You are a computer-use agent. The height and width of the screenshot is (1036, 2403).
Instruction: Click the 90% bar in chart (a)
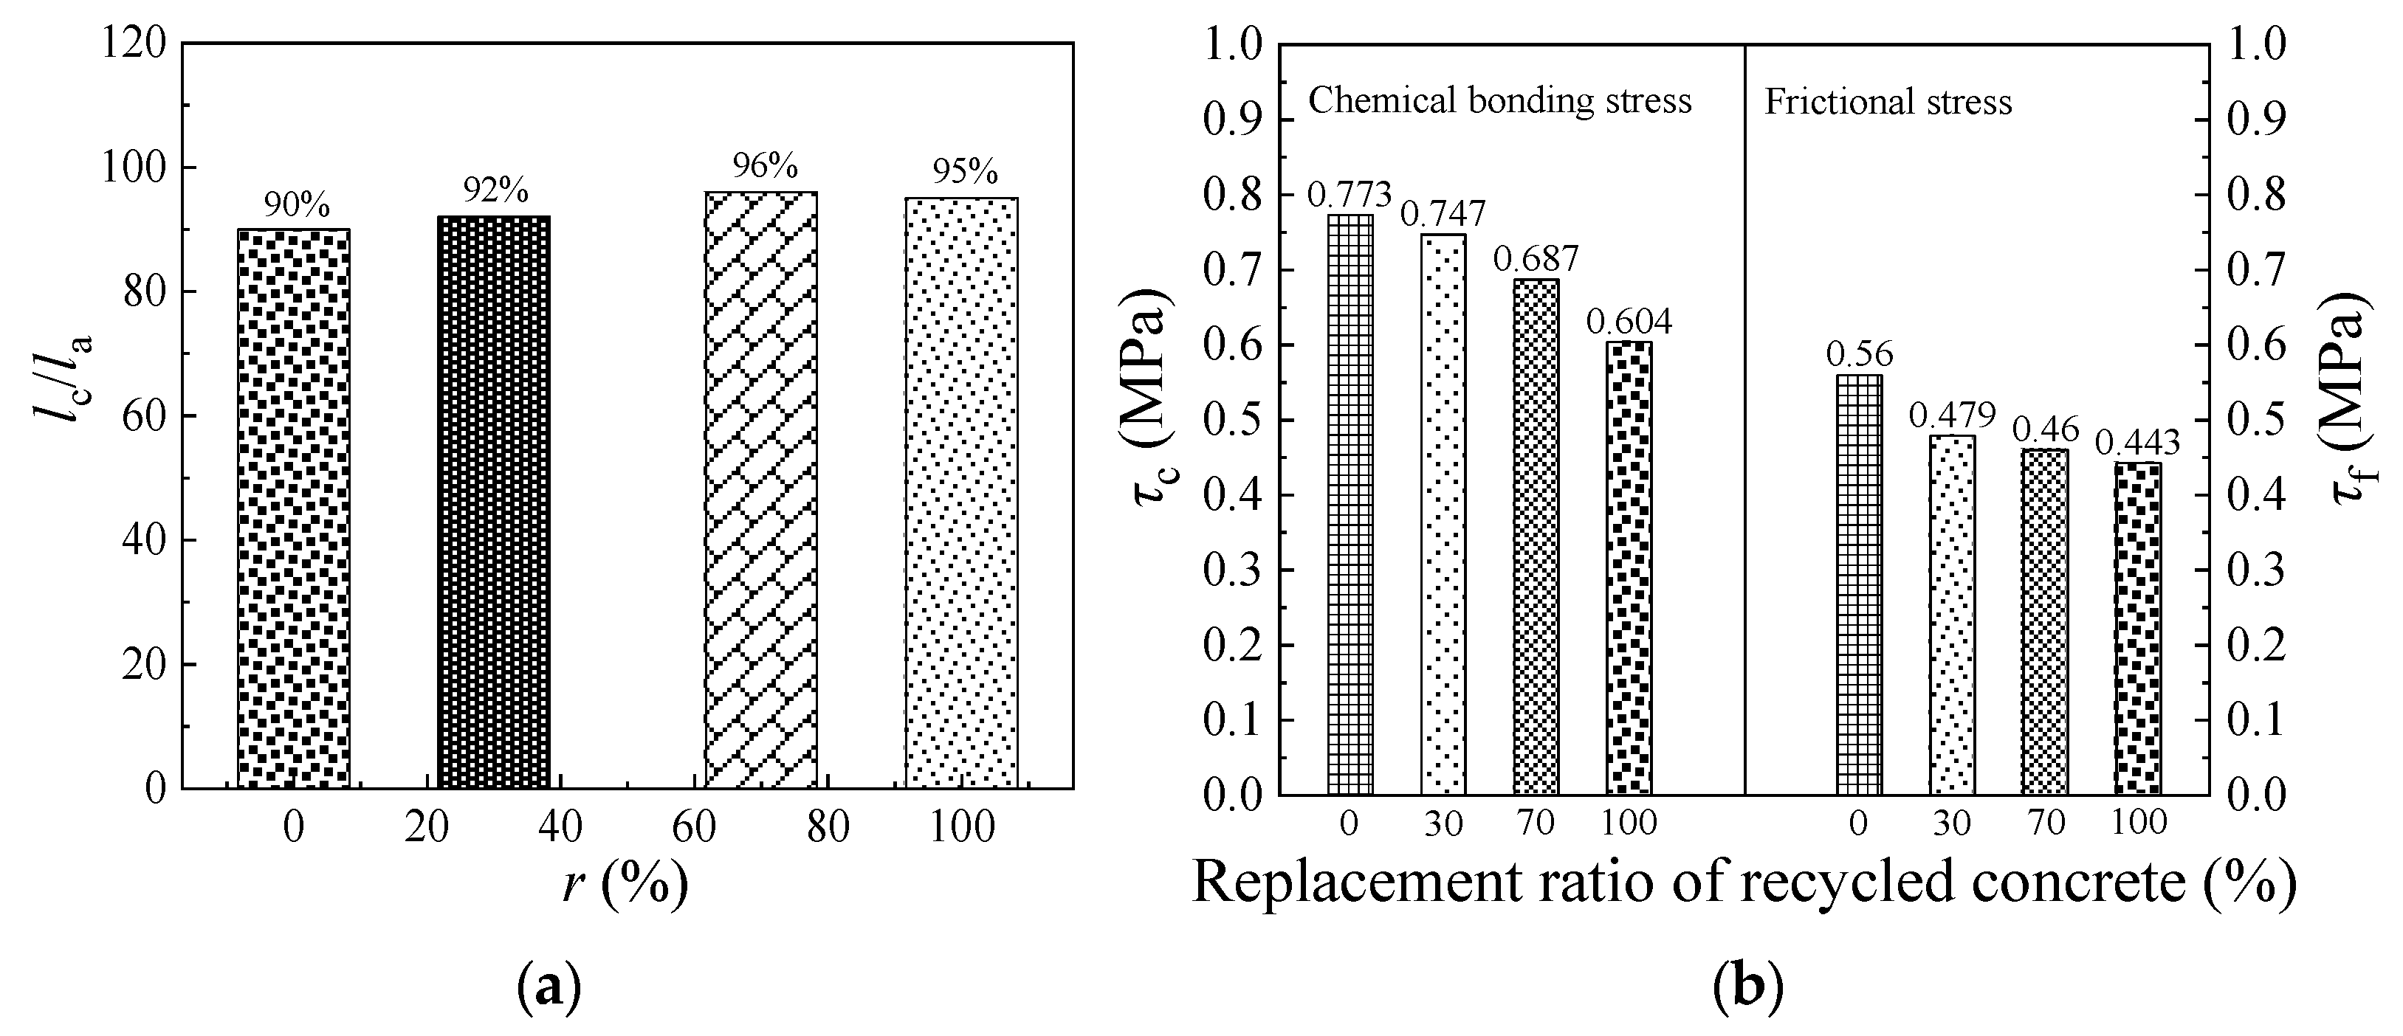294,508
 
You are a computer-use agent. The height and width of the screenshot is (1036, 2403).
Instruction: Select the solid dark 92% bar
493,502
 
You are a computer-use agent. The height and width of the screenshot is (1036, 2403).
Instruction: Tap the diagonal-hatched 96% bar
760,489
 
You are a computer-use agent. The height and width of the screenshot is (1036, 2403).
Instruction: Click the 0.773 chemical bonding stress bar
1350,503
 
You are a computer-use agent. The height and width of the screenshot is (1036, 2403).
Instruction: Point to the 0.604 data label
1629,322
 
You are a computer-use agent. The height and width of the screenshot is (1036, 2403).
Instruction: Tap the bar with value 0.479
1951,615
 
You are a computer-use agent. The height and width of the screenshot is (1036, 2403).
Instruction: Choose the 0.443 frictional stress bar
2137,629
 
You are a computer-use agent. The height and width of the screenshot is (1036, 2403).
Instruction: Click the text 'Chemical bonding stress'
1499,100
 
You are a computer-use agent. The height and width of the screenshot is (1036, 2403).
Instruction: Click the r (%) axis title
626,884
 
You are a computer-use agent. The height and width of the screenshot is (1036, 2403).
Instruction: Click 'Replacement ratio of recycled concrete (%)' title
1742,881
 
